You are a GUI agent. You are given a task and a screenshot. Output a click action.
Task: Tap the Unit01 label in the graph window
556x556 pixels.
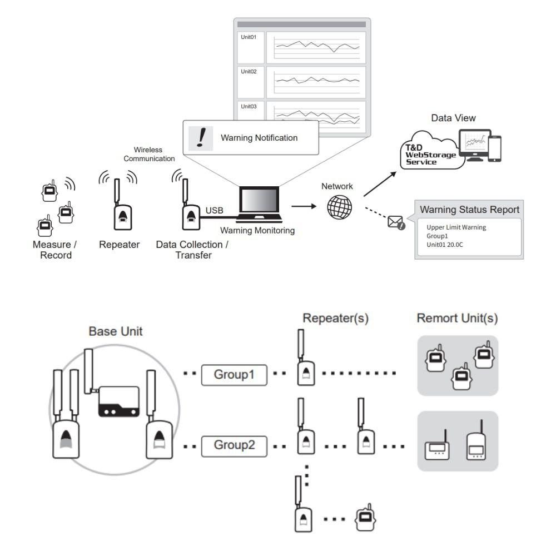[249, 38]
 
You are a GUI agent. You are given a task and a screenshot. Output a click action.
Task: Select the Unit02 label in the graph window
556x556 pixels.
[249, 72]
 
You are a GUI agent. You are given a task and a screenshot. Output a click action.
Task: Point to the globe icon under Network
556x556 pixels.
[340, 207]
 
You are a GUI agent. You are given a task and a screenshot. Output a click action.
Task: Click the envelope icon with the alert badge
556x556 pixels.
[396, 222]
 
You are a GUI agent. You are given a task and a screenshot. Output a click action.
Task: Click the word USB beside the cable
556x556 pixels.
[215, 211]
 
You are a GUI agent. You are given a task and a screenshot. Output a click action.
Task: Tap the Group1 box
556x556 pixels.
[234, 375]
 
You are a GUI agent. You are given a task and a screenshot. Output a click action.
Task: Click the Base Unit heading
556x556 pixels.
[116, 331]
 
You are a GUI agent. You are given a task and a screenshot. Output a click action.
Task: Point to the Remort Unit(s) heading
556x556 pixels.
[457, 319]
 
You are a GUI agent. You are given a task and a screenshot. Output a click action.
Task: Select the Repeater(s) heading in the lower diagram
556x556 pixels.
[335, 319]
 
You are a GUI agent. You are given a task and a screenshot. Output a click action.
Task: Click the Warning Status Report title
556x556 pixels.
[469, 210]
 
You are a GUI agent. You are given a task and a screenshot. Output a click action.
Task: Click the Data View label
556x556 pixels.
[454, 118]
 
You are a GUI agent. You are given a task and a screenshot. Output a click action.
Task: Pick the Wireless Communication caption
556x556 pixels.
[148, 154]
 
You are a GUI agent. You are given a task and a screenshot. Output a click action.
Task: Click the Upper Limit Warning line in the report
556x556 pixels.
[456, 227]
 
